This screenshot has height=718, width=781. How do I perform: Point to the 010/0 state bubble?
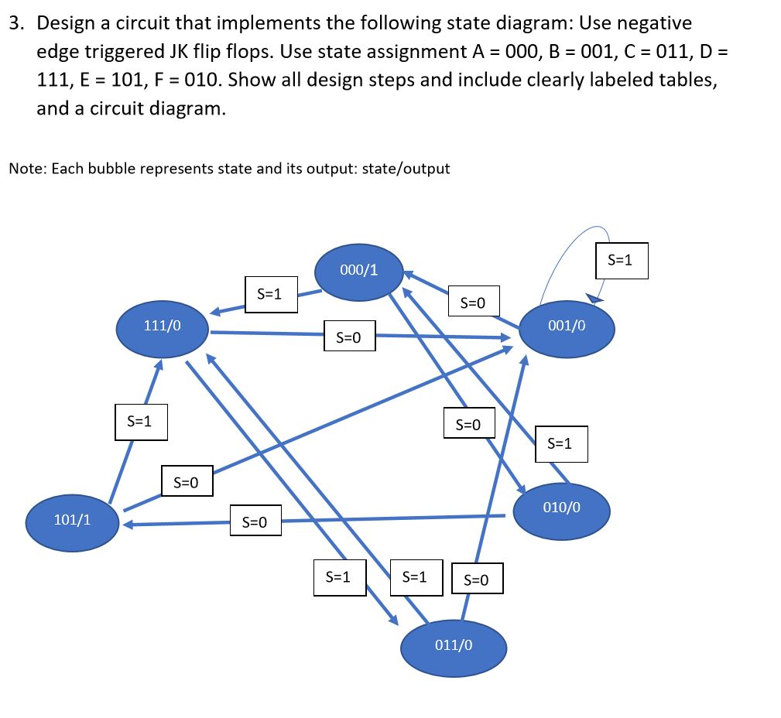click(561, 508)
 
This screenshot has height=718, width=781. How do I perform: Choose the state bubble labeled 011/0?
click(454, 645)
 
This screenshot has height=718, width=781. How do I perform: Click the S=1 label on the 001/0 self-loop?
click(621, 261)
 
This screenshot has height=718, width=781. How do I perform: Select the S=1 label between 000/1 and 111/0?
click(271, 295)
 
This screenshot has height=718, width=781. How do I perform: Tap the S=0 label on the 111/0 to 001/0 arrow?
click(349, 337)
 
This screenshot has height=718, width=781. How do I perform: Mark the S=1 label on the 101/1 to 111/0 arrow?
click(141, 422)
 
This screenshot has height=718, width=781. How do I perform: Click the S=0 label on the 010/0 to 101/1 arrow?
click(255, 524)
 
